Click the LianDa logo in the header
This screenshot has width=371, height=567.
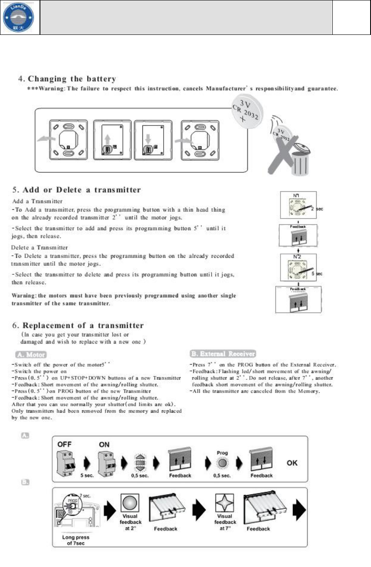pos(20,17)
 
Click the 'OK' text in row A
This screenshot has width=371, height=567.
pos(292,463)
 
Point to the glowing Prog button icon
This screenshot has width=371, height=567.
pos(222,462)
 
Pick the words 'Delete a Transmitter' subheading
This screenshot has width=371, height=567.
pos(37,247)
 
